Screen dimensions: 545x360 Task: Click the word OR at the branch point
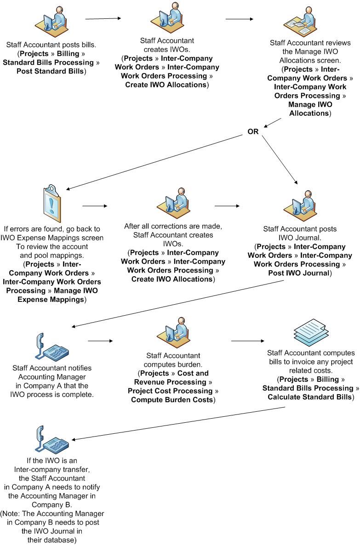click(253, 131)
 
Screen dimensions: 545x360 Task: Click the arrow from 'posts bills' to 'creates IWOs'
click(103, 18)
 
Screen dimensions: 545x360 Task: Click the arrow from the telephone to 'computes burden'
click(101, 341)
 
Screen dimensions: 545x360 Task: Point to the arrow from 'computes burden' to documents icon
click(248, 341)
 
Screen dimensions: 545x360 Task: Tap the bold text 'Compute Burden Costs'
click(172, 399)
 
